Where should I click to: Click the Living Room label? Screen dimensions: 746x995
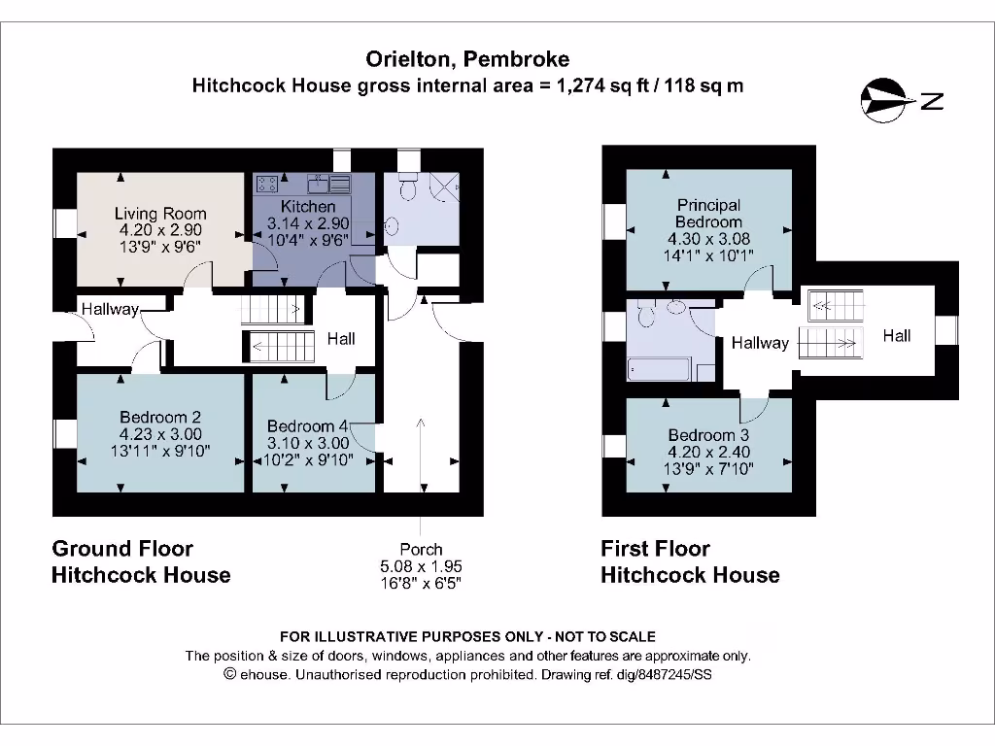coord(160,214)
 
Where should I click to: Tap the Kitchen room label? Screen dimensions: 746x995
coord(308,207)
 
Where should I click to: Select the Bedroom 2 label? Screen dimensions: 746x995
coord(160,418)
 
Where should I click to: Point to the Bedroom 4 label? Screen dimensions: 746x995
coord(307,426)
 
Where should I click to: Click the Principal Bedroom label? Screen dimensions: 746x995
coord(708,214)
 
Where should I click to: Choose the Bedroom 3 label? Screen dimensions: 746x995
coord(708,435)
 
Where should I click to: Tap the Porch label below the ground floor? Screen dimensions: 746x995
coord(421,550)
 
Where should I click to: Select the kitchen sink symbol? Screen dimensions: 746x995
coord(329,182)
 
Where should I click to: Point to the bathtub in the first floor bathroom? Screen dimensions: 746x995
coord(660,370)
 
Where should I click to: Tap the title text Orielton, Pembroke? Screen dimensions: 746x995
coord(467,59)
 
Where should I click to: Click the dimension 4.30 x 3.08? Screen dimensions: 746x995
coord(708,238)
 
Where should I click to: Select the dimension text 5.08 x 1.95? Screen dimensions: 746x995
coord(421,566)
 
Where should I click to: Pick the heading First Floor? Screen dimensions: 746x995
coord(655,549)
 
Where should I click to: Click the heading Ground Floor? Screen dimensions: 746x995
coord(122,549)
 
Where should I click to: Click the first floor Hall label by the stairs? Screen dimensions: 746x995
coord(896,336)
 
